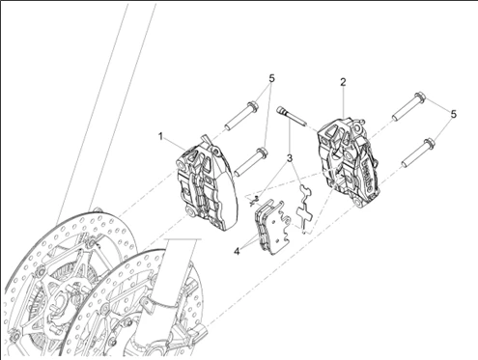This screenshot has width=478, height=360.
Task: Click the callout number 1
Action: tap(160, 137)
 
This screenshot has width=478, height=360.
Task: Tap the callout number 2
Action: tap(343, 82)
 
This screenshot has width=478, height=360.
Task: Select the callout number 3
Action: tap(290, 158)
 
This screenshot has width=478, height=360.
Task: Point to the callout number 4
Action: tap(237, 251)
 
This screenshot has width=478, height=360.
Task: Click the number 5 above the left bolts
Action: tap(271, 78)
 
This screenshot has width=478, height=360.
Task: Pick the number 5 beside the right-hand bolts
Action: tap(454, 114)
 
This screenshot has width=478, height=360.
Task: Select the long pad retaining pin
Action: tap(291, 116)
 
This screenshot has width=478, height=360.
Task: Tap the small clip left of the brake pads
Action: tap(254, 200)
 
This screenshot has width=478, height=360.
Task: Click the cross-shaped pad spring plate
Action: tap(304, 208)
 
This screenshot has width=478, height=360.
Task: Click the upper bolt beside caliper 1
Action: tap(241, 116)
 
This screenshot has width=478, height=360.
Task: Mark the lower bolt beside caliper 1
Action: tap(251, 162)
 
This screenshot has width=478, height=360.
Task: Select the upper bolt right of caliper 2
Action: tap(409, 106)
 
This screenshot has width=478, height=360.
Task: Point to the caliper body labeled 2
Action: tap(348, 161)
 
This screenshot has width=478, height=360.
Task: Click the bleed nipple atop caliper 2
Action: tap(361, 123)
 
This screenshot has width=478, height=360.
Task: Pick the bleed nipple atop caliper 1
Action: tap(205, 139)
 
